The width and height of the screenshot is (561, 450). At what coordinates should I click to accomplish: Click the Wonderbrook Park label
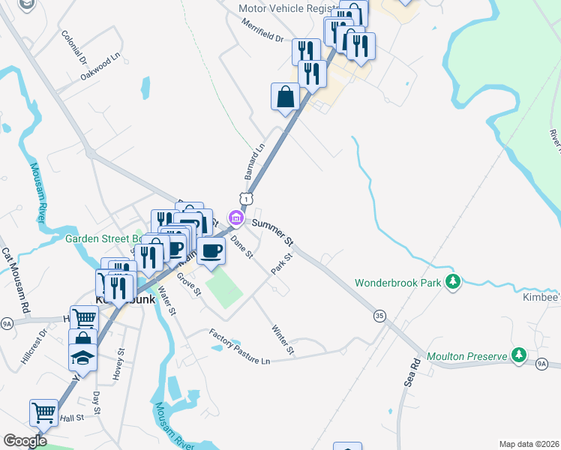[x=397, y=283]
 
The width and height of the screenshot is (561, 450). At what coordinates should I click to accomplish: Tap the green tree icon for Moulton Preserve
[x=518, y=355]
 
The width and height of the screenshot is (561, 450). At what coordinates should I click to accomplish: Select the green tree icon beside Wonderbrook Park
[x=452, y=282]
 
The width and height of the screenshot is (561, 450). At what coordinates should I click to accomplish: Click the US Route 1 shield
[x=245, y=197]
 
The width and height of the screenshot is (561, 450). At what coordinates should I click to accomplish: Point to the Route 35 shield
[x=379, y=316]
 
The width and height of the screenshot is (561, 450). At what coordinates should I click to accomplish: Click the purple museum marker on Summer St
[x=236, y=219]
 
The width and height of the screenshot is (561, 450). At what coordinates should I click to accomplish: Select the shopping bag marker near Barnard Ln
[x=286, y=97]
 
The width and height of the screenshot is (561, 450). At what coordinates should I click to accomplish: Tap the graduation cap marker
[x=82, y=358]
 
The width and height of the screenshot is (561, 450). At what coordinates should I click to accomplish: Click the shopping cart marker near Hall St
[x=44, y=412]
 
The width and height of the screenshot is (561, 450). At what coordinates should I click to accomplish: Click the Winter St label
[x=282, y=338]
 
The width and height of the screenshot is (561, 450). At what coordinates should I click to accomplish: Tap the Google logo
[x=25, y=441]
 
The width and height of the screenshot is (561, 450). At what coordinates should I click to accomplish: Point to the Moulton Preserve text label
[x=466, y=356]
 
